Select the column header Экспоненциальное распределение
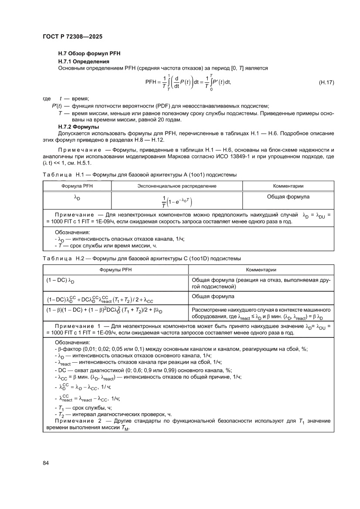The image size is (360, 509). point(177,186)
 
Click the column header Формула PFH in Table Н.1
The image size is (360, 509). point(77,186)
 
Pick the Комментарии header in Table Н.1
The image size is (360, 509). point(288,186)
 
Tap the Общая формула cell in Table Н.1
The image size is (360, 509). point(288,197)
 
